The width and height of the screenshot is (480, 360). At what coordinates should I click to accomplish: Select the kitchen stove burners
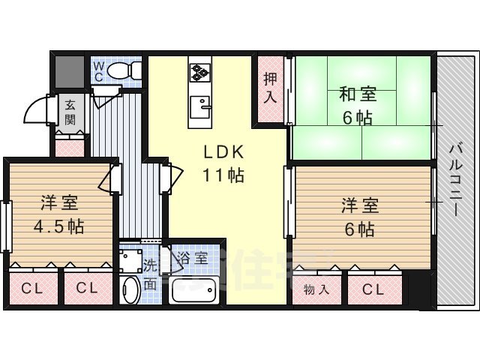[200, 72]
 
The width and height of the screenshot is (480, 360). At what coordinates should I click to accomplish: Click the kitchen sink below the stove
[199, 106]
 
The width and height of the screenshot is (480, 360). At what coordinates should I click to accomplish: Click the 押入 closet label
[271, 88]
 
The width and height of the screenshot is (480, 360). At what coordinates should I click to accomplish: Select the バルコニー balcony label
[455, 179]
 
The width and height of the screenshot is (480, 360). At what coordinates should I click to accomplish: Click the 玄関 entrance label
[70, 111]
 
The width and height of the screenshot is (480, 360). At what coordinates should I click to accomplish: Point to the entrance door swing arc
[37, 112]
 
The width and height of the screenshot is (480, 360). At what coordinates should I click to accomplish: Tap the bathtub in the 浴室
[194, 289]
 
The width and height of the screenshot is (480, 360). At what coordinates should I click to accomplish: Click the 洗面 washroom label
[151, 274]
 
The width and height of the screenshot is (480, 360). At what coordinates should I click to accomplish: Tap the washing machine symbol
[130, 260]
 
